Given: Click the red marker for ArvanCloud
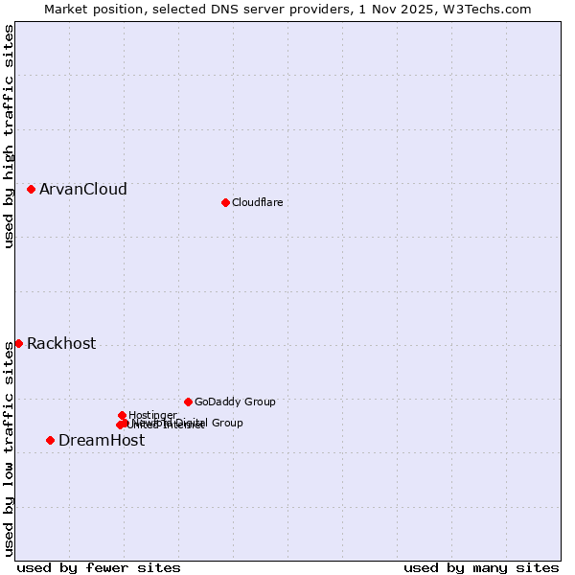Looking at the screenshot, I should coord(32,189).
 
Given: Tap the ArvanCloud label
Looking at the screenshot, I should coord(83,190).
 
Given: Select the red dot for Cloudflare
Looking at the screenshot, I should coord(225,202).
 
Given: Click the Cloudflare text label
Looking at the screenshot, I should coord(257,202).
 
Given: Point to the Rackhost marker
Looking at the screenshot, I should coord(18,343).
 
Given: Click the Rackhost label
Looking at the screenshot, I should coord(61,344).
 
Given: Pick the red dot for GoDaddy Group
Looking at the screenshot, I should coord(188,402).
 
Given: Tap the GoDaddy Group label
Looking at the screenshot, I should coord(235,402).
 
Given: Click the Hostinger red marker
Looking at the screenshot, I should coord(123,415).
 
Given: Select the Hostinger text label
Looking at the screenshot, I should coord(152,415).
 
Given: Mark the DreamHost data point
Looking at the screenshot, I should coord(50,440).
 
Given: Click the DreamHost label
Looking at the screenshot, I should coord(102,441).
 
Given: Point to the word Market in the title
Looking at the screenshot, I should coord(67,9).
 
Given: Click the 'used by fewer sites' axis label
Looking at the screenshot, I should coord(99,567).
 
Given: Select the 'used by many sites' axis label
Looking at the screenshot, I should coord(481,567).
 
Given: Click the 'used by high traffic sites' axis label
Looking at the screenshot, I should coord(9,137).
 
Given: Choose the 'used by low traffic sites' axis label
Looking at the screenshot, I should coord(9,448).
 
